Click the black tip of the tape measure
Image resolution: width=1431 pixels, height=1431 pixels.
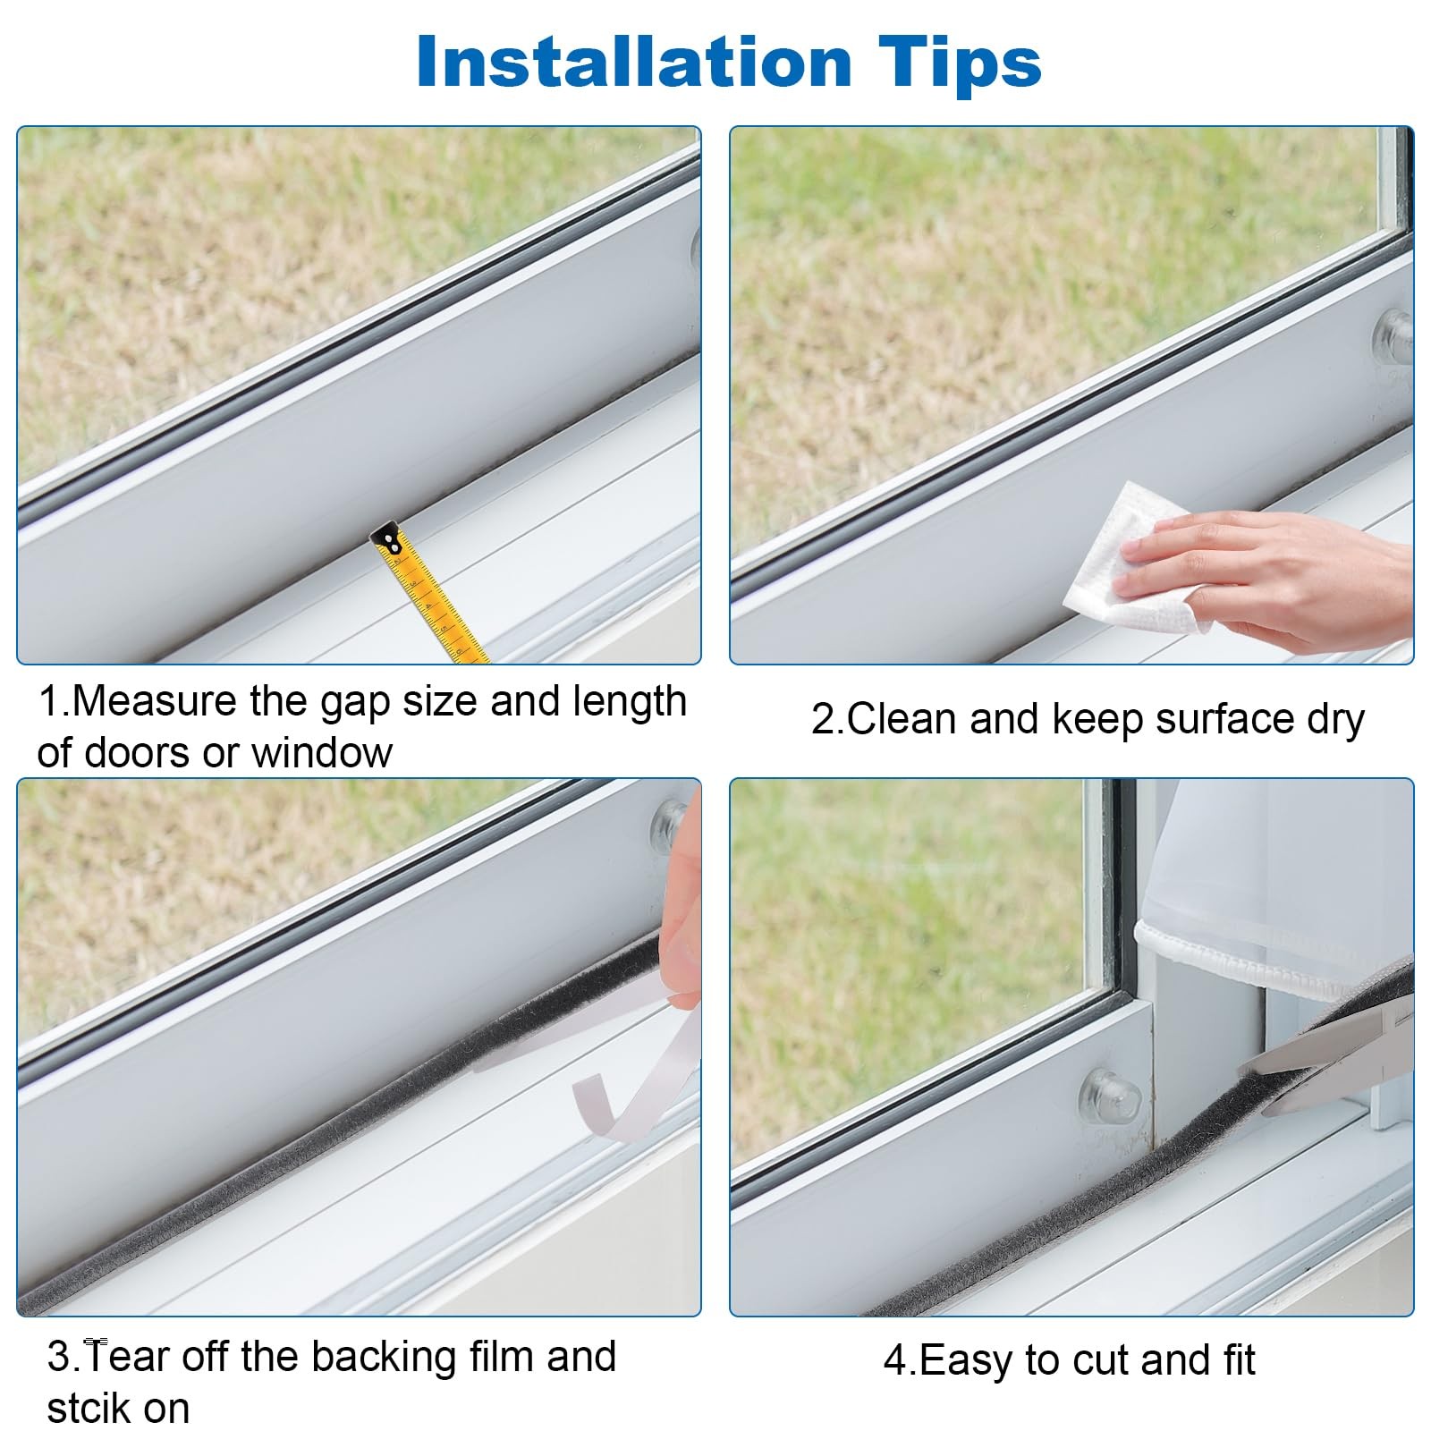click(388, 537)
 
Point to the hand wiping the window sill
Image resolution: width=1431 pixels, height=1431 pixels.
click(1270, 572)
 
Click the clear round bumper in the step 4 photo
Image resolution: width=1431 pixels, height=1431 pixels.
click(1109, 1097)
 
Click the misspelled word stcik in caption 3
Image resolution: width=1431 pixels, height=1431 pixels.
click(89, 1409)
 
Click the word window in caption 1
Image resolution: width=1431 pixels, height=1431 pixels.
click(322, 753)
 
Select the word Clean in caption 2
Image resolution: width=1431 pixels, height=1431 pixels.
click(902, 720)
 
